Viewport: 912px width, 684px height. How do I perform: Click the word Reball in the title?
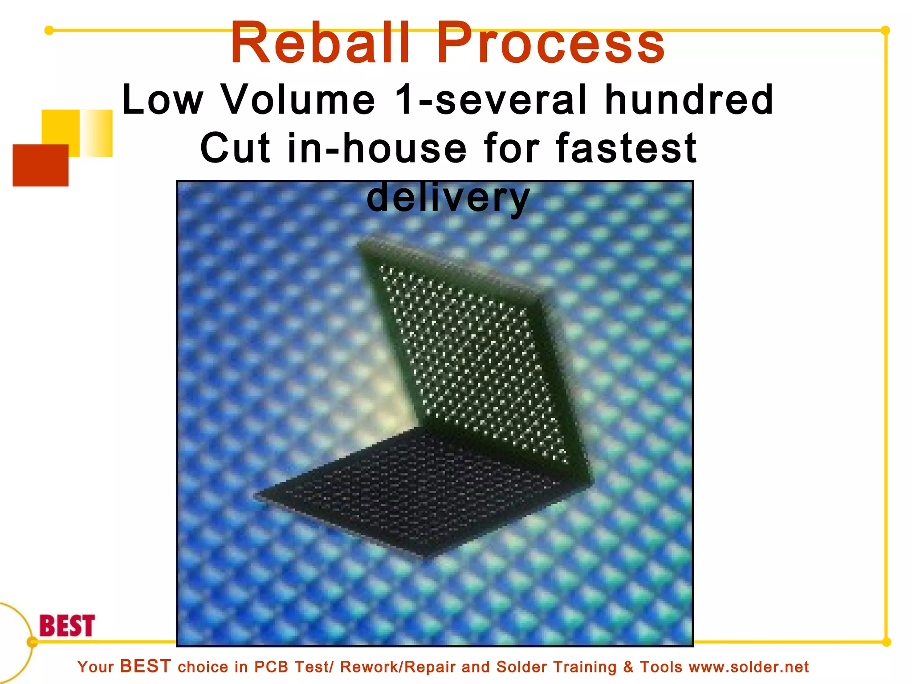tap(320, 43)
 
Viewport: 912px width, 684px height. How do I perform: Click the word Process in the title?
tap(550, 43)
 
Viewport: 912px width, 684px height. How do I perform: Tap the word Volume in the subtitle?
tap(298, 100)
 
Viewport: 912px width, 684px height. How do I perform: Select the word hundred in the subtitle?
tap(689, 100)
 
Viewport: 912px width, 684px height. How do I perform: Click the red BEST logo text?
tap(67, 626)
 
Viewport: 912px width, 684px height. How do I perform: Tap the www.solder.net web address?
tap(749, 667)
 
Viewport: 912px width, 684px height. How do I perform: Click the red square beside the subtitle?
tap(40, 165)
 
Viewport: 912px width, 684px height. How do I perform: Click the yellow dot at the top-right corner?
tap(885, 30)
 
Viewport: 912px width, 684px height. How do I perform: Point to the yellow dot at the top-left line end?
tap(49, 30)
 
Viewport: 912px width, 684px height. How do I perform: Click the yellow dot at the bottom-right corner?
tap(886, 642)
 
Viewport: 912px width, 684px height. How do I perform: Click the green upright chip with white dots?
tap(472, 356)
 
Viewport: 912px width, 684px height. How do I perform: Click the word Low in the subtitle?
tap(163, 100)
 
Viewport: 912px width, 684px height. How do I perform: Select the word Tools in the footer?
tap(661, 667)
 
